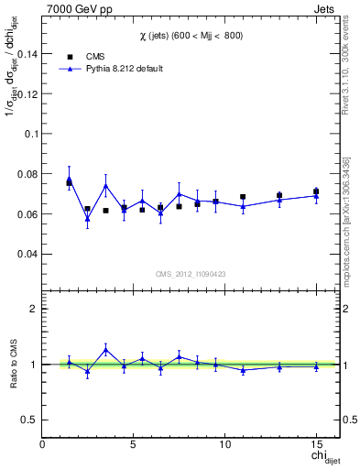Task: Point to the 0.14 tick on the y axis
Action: [x=26, y=53]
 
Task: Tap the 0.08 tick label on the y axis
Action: [x=26, y=174]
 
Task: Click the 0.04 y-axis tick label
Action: [x=26, y=254]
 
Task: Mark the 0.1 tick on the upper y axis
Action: [x=30, y=134]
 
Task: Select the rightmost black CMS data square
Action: [x=316, y=191]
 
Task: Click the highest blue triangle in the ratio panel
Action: [x=106, y=349]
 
